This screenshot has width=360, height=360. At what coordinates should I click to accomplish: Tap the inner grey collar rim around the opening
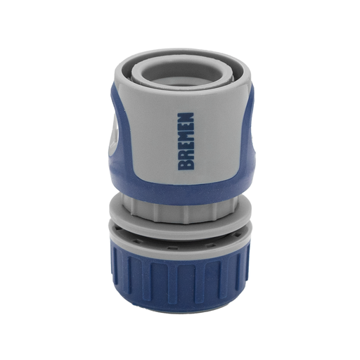pyautogui.click(x=180, y=82)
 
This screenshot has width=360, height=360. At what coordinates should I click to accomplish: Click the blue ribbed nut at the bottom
pyautogui.click(x=179, y=274)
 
